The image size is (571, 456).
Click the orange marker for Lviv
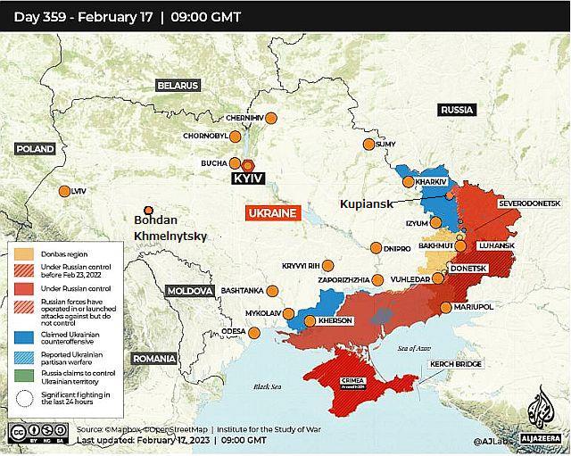pos(64,191)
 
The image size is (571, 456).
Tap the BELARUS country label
pos(178,86)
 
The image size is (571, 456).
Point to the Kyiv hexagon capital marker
pos(248,165)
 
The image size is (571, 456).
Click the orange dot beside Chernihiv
pos(271,118)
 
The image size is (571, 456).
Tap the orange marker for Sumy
pos(368,145)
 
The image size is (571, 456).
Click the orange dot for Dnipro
pos(376,248)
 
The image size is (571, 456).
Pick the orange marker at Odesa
pos(257,332)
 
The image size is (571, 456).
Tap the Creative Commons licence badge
pos(28,433)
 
